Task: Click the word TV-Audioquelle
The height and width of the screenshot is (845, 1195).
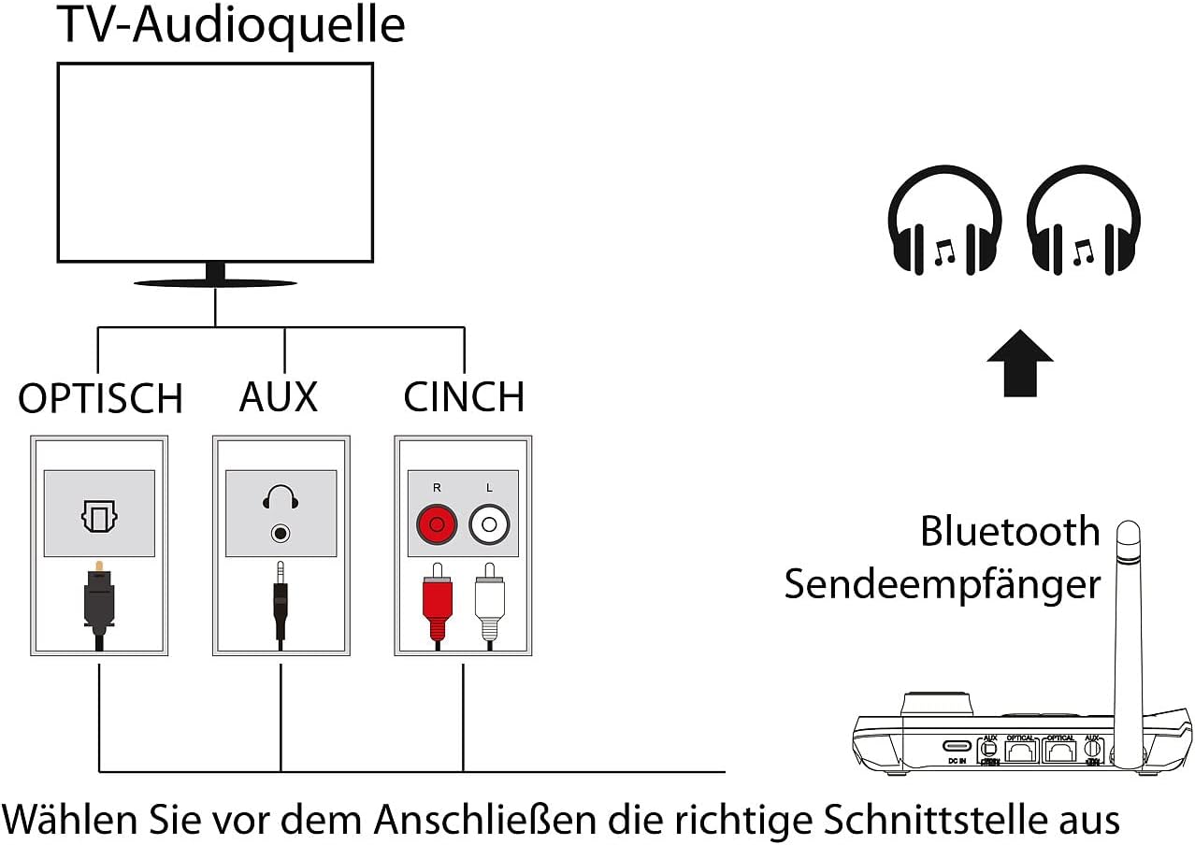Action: click(x=231, y=25)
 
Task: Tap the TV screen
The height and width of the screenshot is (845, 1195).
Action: click(x=215, y=163)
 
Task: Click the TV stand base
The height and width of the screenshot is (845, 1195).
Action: click(x=215, y=281)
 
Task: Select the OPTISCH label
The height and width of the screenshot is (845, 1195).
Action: click(x=100, y=399)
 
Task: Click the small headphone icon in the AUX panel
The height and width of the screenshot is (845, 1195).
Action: click(x=281, y=498)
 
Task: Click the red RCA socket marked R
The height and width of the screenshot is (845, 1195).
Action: click(x=436, y=523)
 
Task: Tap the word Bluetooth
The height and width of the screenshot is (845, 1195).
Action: click(x=1010, y=531)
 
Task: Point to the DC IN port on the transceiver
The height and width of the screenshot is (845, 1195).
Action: click(x=957, y=747)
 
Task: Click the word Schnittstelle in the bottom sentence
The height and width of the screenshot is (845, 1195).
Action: click(x=944, y=819)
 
